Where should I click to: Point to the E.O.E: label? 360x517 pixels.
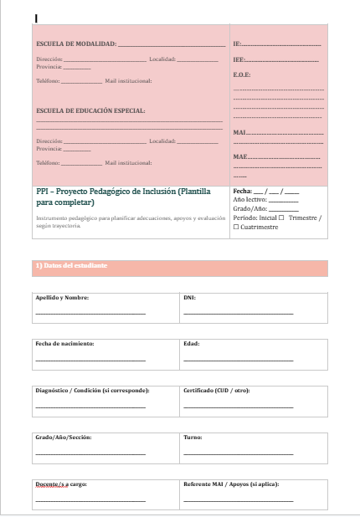click(242, 75)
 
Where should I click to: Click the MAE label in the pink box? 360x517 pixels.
click(240, 156)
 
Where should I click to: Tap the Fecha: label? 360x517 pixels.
click(243, 192)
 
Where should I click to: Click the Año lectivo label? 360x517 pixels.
click(250, 201)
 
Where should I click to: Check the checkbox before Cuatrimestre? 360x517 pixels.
click(236, 227)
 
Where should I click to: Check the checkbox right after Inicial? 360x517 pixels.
click(280, 218)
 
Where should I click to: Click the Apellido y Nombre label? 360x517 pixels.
click(62, 297)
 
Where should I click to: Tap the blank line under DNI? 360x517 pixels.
click(238, 313)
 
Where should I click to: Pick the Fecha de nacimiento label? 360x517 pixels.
click(64, 344)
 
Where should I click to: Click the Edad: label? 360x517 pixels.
click(191, 344)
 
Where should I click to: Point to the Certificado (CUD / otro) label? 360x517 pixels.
click(216, 391)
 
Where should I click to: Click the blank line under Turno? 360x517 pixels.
click(238, 453)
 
